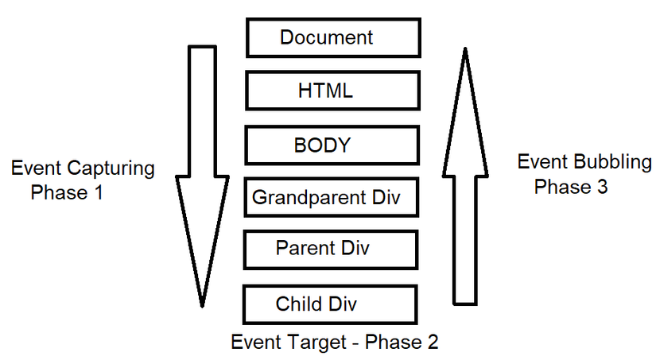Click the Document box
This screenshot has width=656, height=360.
332,37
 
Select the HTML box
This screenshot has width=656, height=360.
332,91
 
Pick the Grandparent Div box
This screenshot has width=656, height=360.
331,197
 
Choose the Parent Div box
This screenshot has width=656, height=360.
331,249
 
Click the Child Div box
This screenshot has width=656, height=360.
329,304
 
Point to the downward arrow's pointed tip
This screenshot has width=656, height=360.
202,304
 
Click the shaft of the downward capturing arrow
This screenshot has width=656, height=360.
202,111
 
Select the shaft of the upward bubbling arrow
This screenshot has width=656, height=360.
466,238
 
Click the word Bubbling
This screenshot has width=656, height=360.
612,163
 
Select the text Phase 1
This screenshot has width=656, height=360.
67,192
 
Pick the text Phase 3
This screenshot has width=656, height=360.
571,187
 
